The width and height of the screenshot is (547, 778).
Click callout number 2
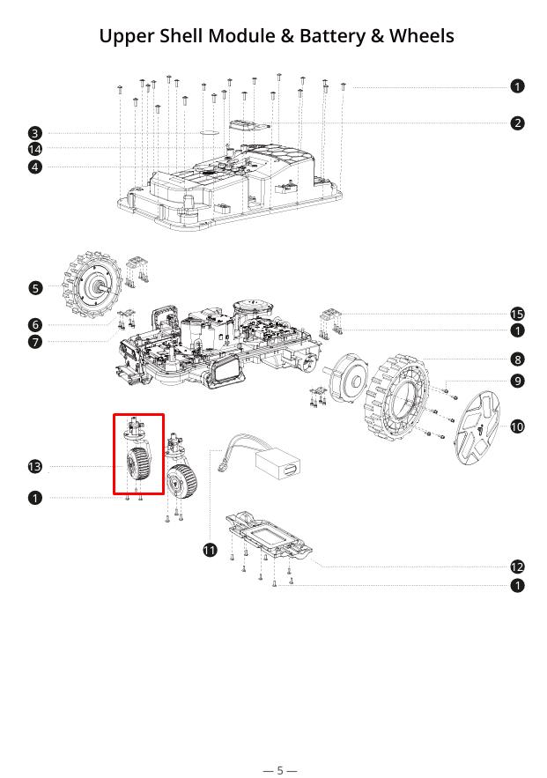(518, 123)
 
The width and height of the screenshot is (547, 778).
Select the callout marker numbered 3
(34, 133)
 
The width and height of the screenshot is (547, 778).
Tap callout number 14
(34, 149)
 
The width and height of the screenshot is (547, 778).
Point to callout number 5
(34, 288)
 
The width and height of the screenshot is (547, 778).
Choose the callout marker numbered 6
(34, 325)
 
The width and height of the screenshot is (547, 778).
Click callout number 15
(518, 315)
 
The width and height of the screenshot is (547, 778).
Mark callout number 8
(518, 359)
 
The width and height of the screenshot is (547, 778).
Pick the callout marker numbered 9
(518, 381)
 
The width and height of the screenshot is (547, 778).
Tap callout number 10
(518, 426)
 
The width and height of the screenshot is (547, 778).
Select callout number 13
(34, 466)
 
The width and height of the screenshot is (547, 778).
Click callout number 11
(210, 551)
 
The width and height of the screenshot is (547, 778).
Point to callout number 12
(518, 567)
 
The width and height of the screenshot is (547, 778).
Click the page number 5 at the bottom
(280, 770)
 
